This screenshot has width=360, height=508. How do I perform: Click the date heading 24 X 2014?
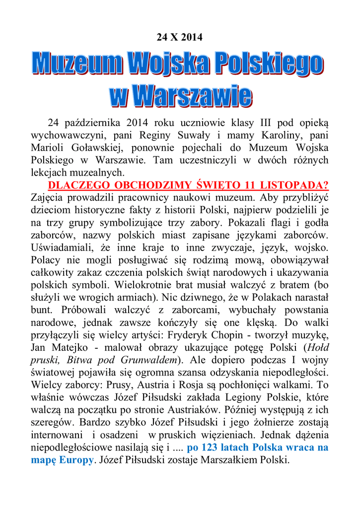(x=180, y=37)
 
